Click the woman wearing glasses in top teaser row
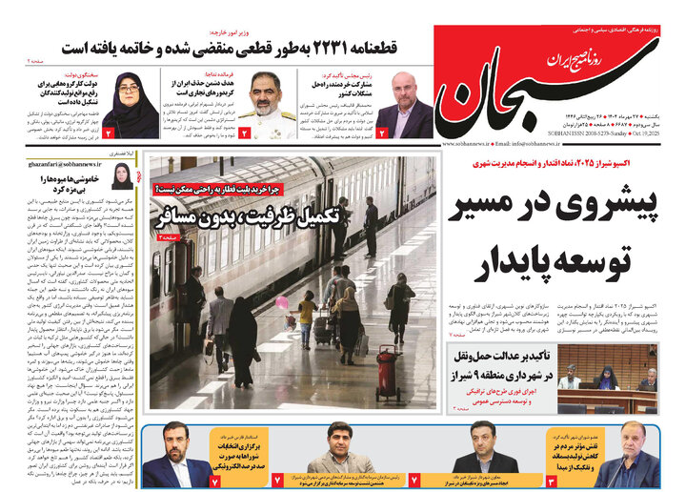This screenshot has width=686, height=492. (129, 104)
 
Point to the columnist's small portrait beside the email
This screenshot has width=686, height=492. (121, 175)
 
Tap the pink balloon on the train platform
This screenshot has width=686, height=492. (282, 302)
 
